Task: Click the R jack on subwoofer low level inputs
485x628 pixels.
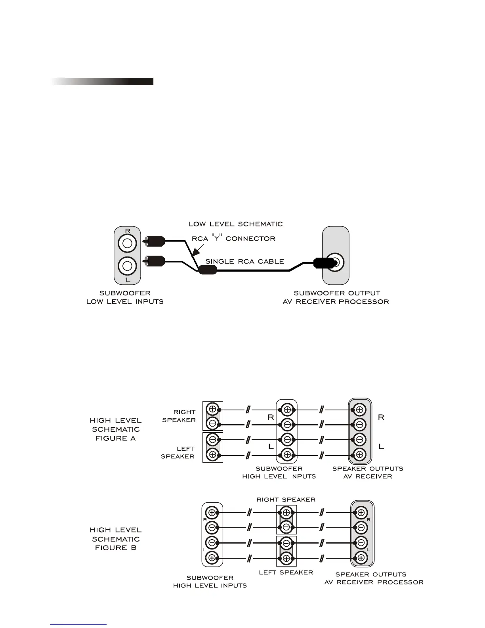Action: [127, 243]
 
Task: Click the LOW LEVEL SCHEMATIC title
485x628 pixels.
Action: [236, 224]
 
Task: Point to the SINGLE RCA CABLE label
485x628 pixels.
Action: [244, 261]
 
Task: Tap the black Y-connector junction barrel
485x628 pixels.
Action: [207, 270]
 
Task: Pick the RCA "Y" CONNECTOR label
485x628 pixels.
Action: [233, 238]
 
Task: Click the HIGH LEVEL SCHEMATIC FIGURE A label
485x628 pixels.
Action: [116, 429]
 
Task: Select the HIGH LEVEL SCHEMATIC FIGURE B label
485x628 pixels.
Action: [116, 538]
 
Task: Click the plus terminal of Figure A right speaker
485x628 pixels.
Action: [213, 409]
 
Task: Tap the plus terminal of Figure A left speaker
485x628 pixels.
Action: [213, 455]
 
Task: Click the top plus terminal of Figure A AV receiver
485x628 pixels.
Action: [360, 410]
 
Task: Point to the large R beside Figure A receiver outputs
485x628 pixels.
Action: [381, 417]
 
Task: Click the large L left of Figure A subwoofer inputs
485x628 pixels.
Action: [271, 446]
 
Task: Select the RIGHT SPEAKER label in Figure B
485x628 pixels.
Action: [286, 500]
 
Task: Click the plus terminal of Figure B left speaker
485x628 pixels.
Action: [286, 558]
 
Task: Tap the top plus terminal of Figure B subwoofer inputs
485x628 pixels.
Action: [212, 513]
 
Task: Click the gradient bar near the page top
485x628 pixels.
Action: [102, 81]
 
